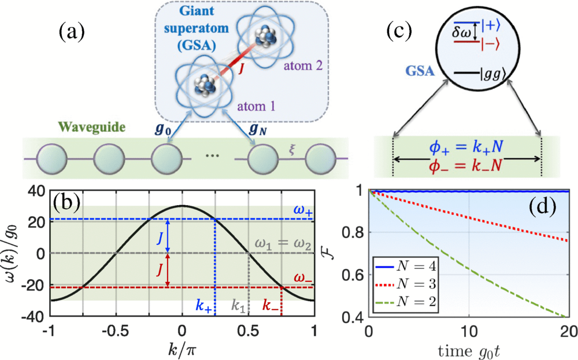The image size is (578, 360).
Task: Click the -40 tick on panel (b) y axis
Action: click(36, 317)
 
